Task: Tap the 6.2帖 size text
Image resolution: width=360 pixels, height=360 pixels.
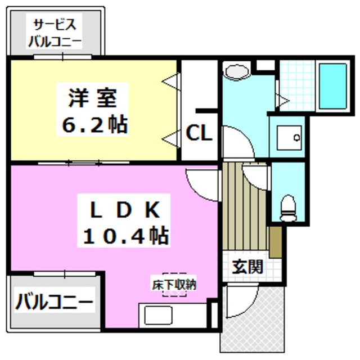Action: point(93,124)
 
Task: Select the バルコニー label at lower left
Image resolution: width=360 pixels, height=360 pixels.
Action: point(53,303)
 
